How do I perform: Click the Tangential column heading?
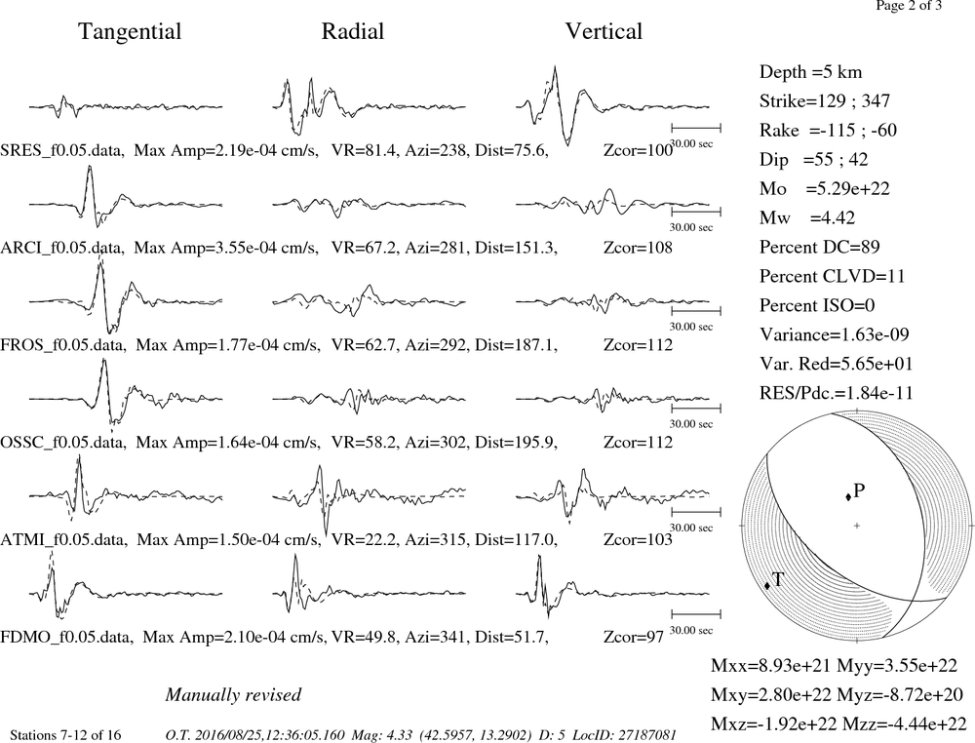(130, 32)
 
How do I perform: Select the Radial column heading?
(353, 31)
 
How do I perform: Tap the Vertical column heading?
(604, 31)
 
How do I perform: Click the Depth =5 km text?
(811, 72)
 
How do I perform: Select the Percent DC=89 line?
(820, 247)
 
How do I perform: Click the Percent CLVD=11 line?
(832, 276)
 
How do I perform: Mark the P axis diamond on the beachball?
(848, 496)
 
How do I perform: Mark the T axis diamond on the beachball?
(767, 585)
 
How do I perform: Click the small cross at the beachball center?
(857, 526)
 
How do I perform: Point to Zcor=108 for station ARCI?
(638, 248)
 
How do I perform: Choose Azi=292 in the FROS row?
(435, 345)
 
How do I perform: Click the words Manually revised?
(233, 694)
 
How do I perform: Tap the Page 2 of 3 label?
(909, 6)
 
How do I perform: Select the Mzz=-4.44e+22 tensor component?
(904, 723)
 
